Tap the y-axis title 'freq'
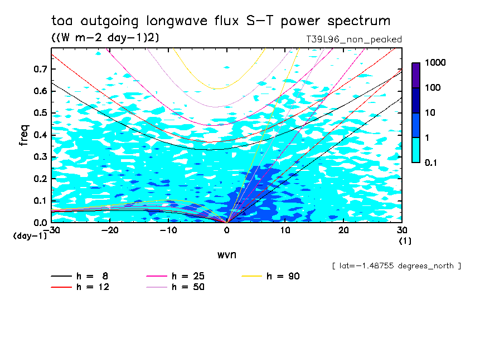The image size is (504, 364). click(x=24, y=135)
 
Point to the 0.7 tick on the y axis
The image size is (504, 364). click(x=39, y=69)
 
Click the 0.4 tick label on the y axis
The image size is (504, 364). click(x=39, y=135)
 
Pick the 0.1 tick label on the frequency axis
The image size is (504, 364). click(x=39, y=201)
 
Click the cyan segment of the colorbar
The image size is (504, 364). click(x=416, y=150)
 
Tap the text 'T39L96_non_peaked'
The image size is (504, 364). click(x=354, y=40)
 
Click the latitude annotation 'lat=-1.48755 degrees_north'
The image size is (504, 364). click(x=396, y=266)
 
